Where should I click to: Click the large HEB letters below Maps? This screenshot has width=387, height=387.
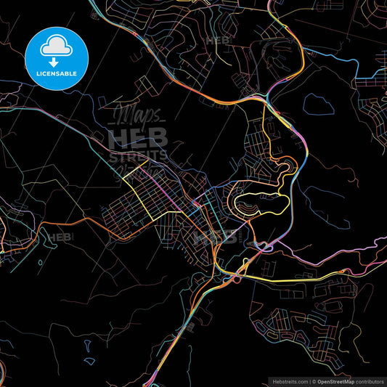[x=138, y=138]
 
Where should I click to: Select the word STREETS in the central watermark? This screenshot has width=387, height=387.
[x=138, y=155]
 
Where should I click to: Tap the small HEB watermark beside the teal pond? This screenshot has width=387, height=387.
[x=60, y=237]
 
